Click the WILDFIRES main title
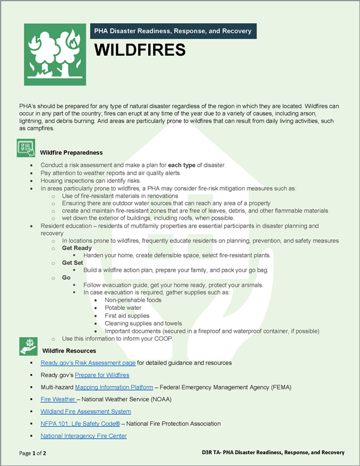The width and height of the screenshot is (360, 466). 140,50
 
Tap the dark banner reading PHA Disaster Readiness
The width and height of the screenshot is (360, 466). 171,31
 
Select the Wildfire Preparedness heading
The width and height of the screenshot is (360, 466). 71,153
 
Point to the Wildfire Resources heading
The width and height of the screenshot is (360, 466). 69,351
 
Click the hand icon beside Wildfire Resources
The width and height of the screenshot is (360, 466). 27,346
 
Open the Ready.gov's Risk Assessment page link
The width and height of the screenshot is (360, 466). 88,363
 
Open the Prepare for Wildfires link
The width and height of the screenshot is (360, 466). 102,375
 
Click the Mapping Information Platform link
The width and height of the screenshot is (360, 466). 114,387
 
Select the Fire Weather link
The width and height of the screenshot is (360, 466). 58,400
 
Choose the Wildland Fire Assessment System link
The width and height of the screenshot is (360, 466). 85,411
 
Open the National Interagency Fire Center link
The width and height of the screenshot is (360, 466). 83,436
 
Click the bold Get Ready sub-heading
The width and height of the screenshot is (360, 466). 77,248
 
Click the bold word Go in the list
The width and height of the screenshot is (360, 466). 66,277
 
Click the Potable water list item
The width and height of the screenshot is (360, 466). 123,308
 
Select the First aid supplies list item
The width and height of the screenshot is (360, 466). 128,316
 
